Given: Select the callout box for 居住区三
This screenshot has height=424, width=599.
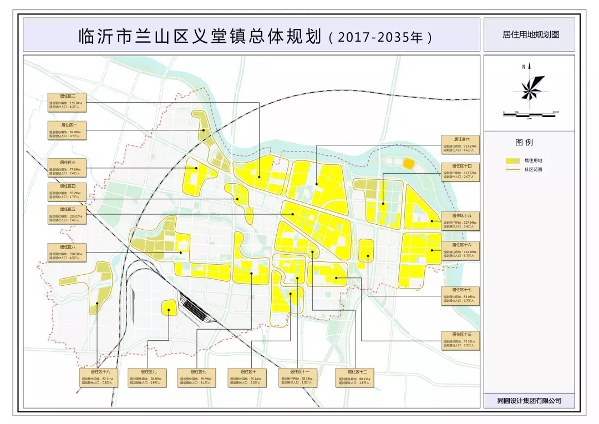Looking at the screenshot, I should point(66,168).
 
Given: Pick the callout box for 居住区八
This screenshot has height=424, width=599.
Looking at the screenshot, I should point(66,252).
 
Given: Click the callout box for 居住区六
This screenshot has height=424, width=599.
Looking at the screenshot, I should point(460,144).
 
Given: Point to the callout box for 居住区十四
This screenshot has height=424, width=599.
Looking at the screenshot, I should point(460,171).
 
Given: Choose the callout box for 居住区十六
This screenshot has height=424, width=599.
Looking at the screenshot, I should point(460,250).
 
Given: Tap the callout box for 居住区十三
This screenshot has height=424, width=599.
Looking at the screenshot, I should point(460,340).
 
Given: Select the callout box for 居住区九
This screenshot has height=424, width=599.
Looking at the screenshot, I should point(146,377).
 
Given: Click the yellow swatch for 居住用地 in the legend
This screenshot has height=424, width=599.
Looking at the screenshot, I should point(511,160).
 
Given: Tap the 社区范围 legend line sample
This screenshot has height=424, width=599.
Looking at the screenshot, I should point(511,169).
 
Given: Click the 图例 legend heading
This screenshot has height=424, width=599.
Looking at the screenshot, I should point(524,143).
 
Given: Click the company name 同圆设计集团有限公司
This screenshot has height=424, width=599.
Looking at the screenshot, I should point(529,400).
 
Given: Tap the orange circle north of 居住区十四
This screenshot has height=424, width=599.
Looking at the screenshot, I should point(408,163).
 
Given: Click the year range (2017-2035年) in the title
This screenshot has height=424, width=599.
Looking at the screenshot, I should point(379,38).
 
